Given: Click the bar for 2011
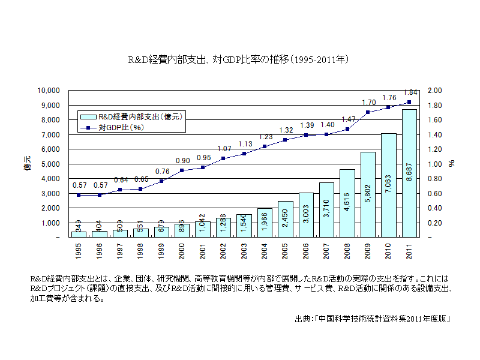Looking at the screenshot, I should click(409, 173).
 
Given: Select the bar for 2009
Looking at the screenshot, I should click(368, 194).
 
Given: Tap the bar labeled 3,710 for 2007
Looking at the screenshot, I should click(326, 210).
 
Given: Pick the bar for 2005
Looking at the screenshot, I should click(285, 219).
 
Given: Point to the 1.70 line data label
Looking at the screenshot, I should click(368, 103).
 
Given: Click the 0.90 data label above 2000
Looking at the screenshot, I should click(182, 161).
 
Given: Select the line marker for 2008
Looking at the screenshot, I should click(347, 129).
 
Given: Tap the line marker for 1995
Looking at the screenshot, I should click(79, 195).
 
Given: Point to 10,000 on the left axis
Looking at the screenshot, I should click(49, 91).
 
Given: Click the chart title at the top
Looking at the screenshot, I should click(239, 60).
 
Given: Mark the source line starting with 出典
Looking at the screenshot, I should click(372, 319).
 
